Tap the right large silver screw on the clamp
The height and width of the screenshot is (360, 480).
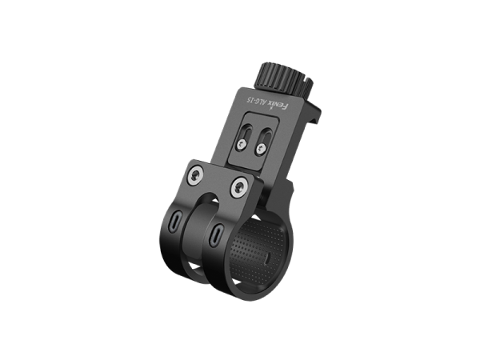[x=238, y=187]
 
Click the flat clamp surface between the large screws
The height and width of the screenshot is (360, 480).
[x=218, y=178]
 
